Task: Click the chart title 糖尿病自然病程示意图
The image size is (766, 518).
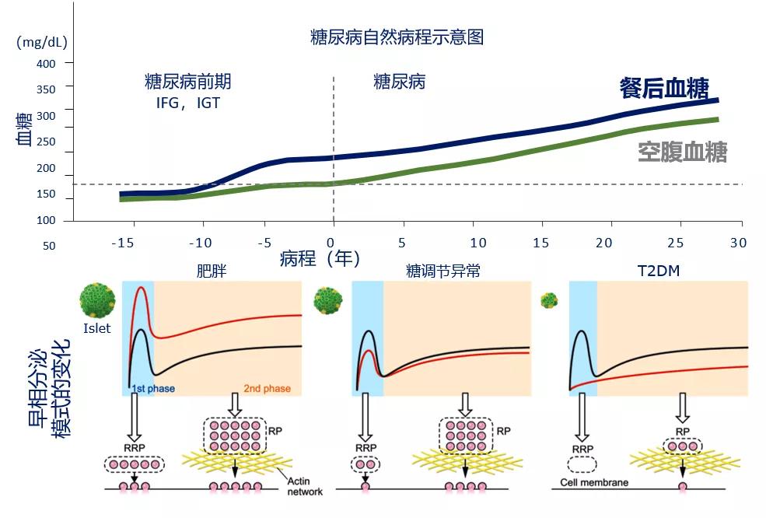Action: (x=397, y=37)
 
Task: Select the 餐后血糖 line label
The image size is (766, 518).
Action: (x=664, y=89)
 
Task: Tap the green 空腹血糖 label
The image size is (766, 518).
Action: (x=682, y=152)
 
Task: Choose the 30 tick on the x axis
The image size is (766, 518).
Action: (x=738, y=243)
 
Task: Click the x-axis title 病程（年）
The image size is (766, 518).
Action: (x=320, y=258)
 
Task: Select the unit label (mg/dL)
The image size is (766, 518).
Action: (x=45, y=44)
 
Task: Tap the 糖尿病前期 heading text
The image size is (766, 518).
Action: (x=187, y=82)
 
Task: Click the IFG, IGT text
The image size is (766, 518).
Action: (x=187, y=101)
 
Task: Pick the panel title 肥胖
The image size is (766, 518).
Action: (x=212, y=271)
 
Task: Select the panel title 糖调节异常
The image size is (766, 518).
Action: (x=443, y=271)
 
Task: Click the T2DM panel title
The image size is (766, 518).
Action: (x=658, y=271)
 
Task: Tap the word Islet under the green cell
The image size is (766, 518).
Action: (x=96, y=328)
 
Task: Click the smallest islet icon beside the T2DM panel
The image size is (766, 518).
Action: (x=550, y=299)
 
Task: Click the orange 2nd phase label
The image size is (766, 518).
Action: (x=266, y=388)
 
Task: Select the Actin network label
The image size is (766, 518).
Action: (x=304, y=486)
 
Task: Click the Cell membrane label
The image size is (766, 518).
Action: (x=594, y=482)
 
